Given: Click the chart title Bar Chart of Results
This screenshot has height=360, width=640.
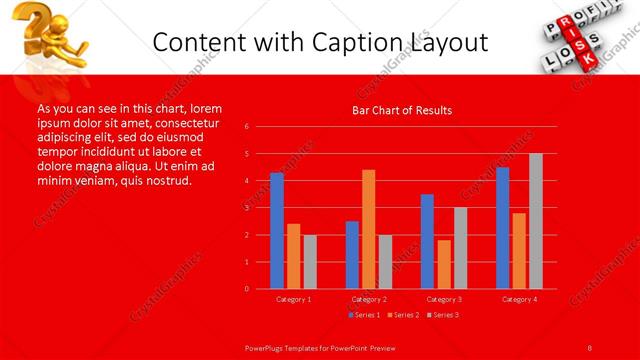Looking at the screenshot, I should (x=402, y=110).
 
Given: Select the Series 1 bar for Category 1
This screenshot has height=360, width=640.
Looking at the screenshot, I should (x=277, y=231).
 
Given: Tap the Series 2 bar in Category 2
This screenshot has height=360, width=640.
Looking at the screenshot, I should (x=369, y=229).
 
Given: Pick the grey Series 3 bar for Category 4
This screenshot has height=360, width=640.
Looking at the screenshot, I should (x=536, y=221).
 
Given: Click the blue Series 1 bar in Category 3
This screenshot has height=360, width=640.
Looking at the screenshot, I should (x=427, y=241).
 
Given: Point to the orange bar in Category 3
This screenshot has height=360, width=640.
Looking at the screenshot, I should (x=444, y=264).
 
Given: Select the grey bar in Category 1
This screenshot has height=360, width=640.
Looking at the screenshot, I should (x=310, y=262).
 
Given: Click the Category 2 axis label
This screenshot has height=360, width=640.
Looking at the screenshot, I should (x=369, y=299).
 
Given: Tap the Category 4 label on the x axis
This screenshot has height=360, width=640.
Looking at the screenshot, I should (x=519, y=299).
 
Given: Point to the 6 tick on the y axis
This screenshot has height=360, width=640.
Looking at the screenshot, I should (x=247, y=127).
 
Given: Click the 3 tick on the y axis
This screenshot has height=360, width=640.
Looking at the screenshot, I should (x=247, y=208).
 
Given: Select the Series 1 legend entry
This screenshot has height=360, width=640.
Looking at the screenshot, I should (x=363, y=315).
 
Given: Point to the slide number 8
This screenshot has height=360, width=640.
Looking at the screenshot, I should (x=590, y=347).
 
